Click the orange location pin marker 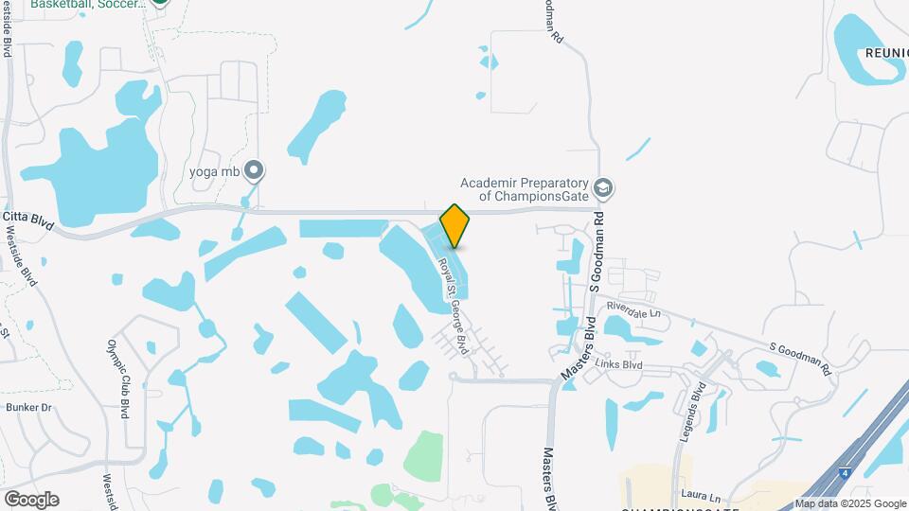pyautogui.click(x=454, y=225)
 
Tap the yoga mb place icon pyautogui.click(x=254, y=171)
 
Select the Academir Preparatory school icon pyautogui.click(x=603, y=189)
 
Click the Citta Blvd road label pyautogui.click(x=29, y=217)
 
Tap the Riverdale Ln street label pyautogui.click(x=633, y=309)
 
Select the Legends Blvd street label pyautogui.click(x=691, y=413)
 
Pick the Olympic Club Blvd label pyautogui.click(x=118, y=379)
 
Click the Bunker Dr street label pyautogui.click(x=27, y=407)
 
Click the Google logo pyautogui.click(x=31, y=499)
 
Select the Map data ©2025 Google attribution pyautogui.click(x=849, y=503)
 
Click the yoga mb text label pyautogui.click(x=213, y=171)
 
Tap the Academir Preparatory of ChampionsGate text pyautogui.click(x=525, y=189)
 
